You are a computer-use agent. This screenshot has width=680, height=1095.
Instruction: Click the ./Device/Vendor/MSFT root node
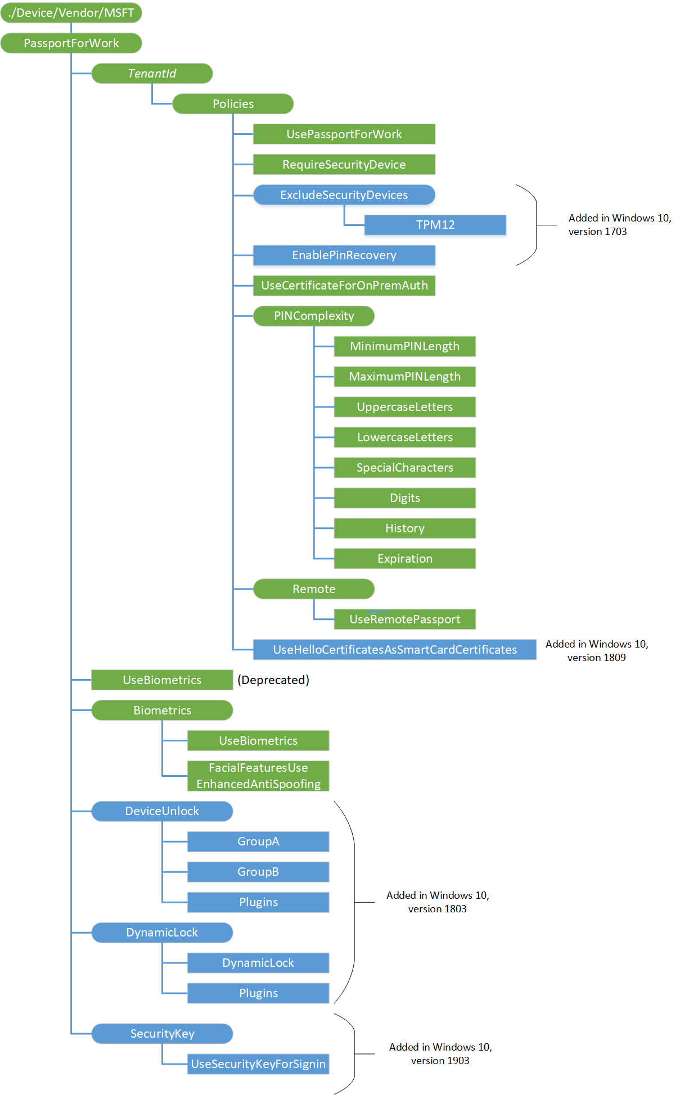click(71, 13)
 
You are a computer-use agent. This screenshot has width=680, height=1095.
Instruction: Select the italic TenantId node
click(152, 74)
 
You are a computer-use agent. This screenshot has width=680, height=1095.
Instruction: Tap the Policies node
click(233, 104)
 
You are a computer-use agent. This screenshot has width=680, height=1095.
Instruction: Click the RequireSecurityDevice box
click(344, 165)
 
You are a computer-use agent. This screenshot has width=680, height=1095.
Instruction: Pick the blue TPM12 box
click(435, 225)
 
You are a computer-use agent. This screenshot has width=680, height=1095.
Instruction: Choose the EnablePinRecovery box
click(344, 255)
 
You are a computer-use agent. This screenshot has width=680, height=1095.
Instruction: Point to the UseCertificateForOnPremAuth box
click(344, 286)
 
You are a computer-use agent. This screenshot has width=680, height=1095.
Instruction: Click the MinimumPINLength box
click(404, 346)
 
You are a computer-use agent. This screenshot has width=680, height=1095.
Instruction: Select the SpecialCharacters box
click(404, 468)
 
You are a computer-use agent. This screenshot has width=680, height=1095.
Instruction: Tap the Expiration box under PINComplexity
click(404, 559)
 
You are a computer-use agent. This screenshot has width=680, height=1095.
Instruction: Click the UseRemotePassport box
click(404, 619)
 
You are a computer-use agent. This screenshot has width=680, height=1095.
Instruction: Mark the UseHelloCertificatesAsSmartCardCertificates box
click(394, 650)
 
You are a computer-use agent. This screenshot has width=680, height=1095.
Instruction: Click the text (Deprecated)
click(273, 680)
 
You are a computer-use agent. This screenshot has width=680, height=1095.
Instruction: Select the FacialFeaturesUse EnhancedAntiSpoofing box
click(258, 776)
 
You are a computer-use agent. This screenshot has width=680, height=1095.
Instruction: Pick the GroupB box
click(258, 872)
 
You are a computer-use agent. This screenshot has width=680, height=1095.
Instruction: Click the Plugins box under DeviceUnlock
click(258, 902)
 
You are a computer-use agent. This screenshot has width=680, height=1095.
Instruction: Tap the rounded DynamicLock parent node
click(162, 933)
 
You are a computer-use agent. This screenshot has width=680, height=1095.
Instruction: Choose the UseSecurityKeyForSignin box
click(258, 1064)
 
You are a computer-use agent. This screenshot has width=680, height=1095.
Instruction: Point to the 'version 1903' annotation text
click(440, 1061)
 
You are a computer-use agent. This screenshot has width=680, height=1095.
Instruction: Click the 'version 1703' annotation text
click(597, 232)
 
